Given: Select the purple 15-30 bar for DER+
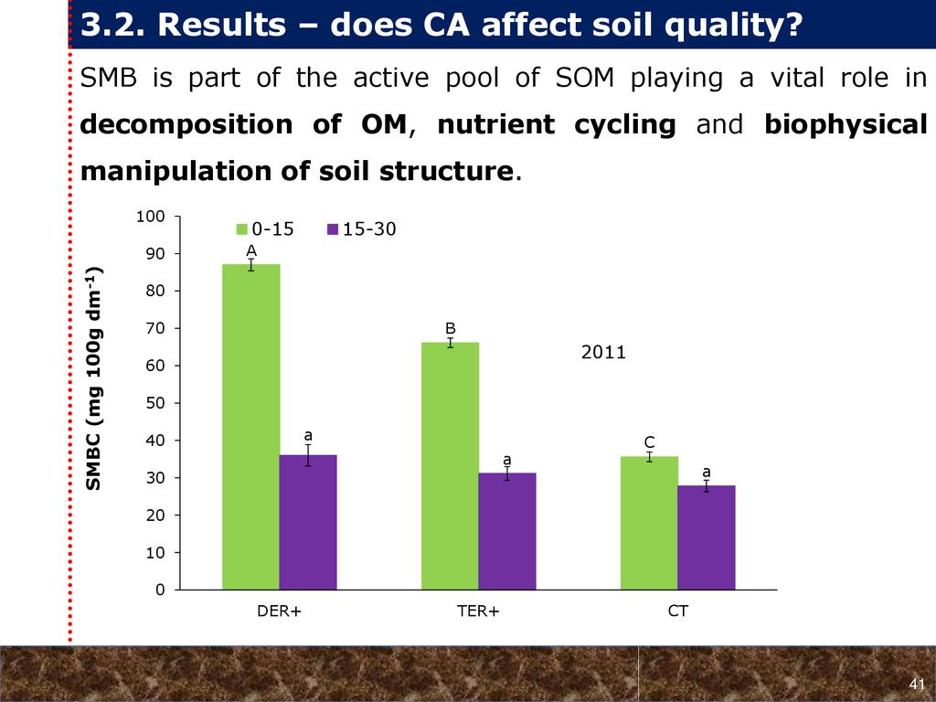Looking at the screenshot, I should point(308,522).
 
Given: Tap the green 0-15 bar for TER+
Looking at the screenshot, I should point(450,466).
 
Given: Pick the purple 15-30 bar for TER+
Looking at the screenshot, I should point(506,531).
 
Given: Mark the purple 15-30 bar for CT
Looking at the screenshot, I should point(706,537).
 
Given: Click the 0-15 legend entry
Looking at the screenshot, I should point(266,229).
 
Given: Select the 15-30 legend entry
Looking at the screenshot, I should point(362,229).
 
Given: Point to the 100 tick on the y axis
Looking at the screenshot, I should point(152,217).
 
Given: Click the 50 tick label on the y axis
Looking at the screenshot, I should point(155,403).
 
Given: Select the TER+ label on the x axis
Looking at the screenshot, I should point(478,612).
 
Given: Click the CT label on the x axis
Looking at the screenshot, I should point(677,612).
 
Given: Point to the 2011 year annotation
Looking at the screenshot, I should point(603,351).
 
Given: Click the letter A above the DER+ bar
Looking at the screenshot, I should point(250,250).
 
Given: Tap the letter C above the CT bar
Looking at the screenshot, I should point(650,441).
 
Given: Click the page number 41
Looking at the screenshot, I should point(918,686).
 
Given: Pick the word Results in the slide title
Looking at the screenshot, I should point(218,27).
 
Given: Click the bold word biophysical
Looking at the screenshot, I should point(846,125).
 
